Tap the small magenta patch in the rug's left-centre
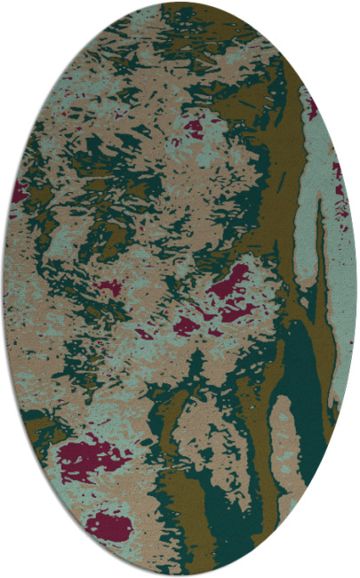109,286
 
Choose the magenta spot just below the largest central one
186,326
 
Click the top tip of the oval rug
180,3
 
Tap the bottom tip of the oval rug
180,575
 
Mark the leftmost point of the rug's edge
3,289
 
